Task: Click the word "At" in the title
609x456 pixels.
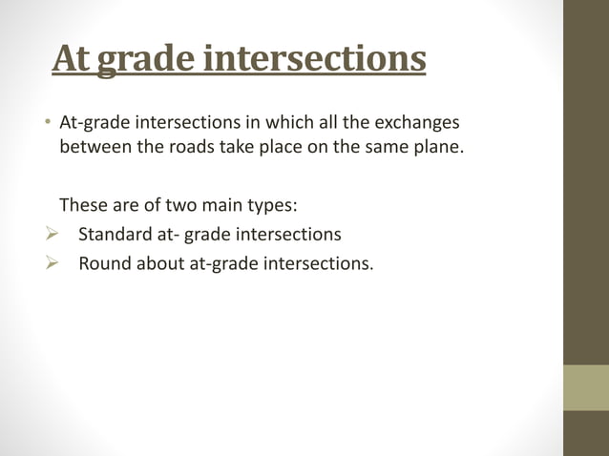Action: (x=71, y=59)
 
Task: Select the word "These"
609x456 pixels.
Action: (x=82, y=204)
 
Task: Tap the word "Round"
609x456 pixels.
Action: (x=103, y=261)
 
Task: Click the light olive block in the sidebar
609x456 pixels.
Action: (x=585, y=387)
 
